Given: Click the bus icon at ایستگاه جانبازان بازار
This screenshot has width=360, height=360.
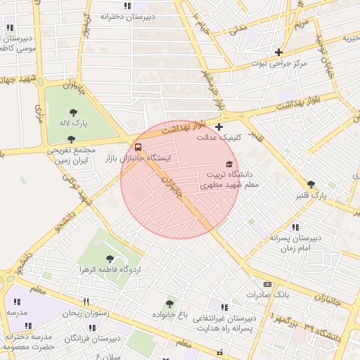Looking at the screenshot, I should coord(137,148).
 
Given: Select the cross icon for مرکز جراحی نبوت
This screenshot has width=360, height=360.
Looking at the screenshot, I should coord(279,52).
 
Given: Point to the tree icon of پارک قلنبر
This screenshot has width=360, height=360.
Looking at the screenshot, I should coord(311,184).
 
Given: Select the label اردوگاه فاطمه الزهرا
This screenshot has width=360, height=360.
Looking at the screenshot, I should coord(113,270).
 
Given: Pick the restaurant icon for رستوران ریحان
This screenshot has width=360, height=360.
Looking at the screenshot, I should coord(86,302).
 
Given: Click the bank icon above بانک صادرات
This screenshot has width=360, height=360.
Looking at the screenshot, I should coord(266,284).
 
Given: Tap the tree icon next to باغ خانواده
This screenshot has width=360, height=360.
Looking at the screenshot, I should coord(169,303).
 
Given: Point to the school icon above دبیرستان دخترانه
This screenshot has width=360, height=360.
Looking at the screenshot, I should coord(127,6).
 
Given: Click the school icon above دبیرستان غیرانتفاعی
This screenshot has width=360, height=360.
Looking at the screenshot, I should coord(224,307).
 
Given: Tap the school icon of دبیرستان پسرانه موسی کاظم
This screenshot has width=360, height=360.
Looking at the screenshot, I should coord(10,27).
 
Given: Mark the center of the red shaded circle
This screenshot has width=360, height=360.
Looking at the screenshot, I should coord(180,179).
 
